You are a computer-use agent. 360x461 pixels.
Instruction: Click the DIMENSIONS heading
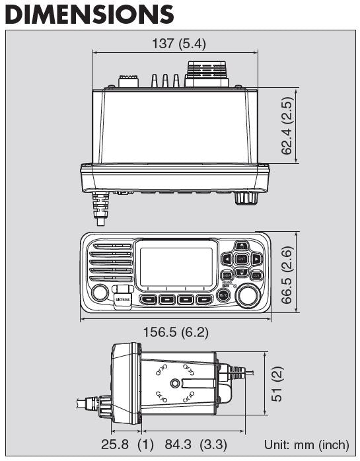(x=90, y=15)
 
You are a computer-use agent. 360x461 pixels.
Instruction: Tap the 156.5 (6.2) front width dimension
(x=175, y=332)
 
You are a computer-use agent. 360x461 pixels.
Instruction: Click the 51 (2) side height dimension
(x=278, y=386)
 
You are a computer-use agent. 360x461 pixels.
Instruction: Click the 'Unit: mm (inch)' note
(x=306, y=444)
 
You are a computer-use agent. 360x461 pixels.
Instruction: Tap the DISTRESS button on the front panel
(x=123, y=299)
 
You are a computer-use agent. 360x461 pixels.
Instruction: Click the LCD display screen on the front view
(x=177, y=267)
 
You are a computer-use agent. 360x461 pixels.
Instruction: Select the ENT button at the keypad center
(x=242, y=259)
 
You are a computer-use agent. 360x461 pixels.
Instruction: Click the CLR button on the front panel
(x=256, y=275)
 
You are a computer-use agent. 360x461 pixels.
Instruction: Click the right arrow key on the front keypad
(x=257, y=259)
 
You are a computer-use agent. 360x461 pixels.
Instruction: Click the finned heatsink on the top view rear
(x=207, y=73)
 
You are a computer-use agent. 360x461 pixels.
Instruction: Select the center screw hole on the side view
(x=174, y=383)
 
